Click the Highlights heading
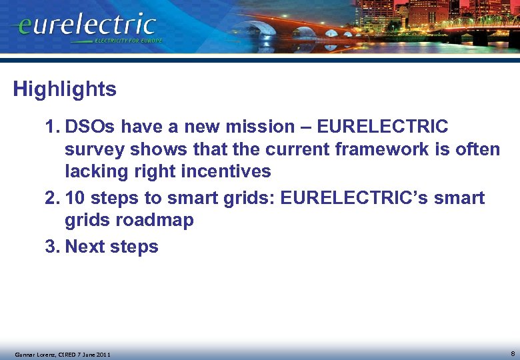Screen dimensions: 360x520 point(65,89)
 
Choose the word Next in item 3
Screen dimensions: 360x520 point(86,247)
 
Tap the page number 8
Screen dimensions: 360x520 point(512,353)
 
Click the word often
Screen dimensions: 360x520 point(477,149)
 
